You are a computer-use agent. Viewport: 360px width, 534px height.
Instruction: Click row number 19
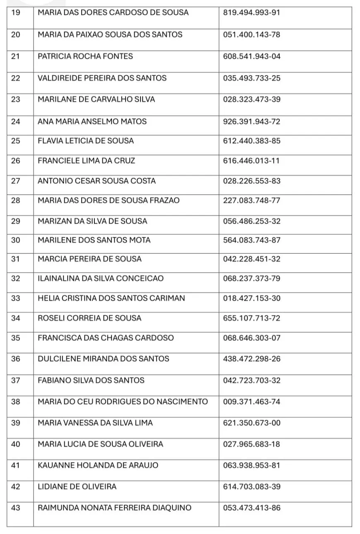click(x=15, y=12)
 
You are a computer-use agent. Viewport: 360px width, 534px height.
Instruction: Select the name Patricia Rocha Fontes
click(x=85, y=56)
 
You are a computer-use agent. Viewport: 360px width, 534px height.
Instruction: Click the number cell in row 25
click(x=251, y=141)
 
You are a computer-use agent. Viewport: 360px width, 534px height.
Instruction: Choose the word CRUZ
click(x=125, y=161)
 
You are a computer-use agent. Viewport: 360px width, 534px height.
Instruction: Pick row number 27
click(x=15, y=181)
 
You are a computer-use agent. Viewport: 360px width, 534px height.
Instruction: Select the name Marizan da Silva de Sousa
click(x=92, y=221)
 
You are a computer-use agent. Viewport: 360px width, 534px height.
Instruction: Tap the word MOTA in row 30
click(x=140, y=240)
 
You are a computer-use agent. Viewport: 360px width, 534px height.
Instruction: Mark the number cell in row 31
click(x=251, y=259)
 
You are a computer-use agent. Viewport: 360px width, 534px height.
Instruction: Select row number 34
click(x=15, y=318)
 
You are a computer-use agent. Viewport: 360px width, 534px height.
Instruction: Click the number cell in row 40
click(x=251, y=444)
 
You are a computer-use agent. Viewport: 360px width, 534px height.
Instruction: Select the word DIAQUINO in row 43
click(x=172, y=508)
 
